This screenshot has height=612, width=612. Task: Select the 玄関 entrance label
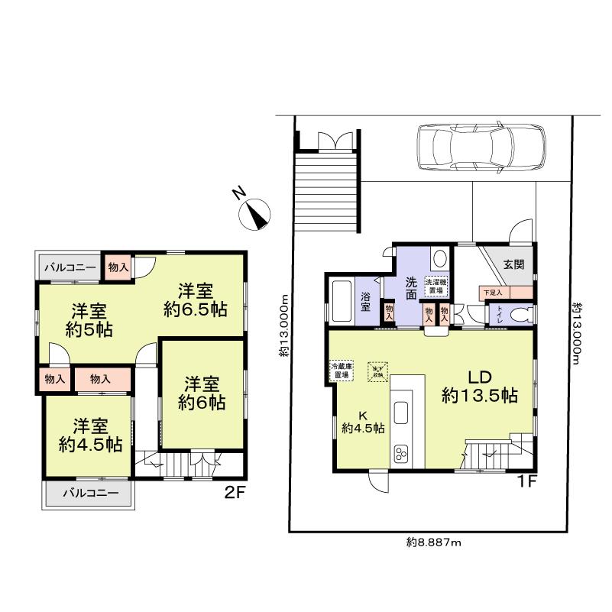point(513,264)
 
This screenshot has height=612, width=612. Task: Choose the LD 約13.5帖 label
point(480,387)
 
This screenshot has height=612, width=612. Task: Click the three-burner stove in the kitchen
point(402,452)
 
